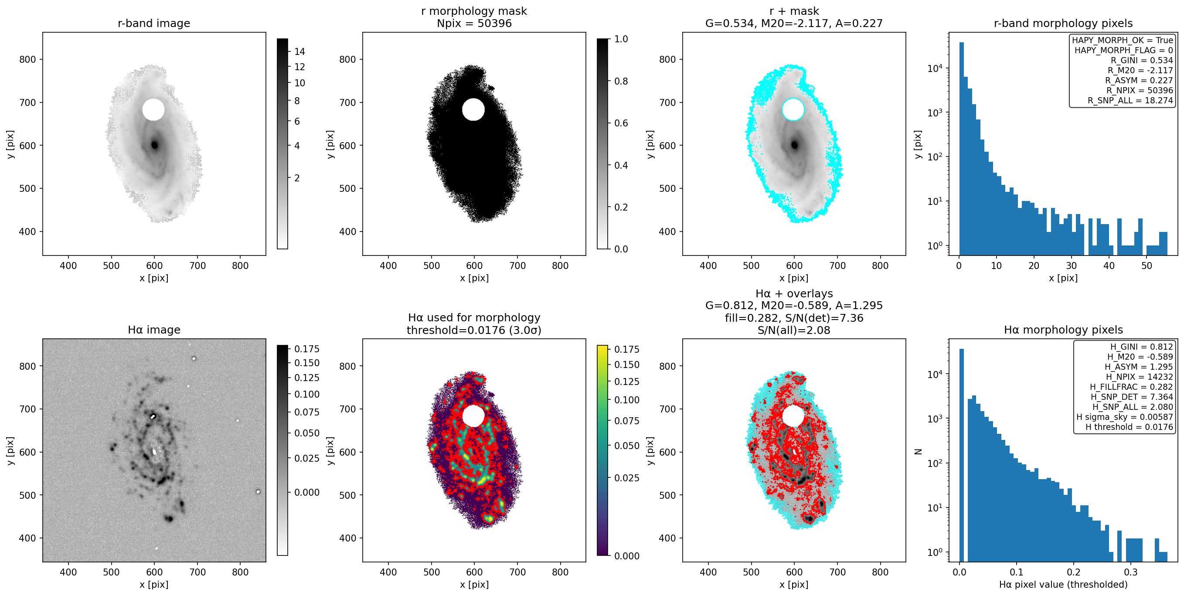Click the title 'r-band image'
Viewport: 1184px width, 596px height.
(x=153, y=23)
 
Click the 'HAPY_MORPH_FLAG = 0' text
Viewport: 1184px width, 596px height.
(x=1123, y=50)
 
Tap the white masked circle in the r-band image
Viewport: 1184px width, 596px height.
(x=153, y=109)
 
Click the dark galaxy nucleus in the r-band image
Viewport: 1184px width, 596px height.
(x=154, y=145)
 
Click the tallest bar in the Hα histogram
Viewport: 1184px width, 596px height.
(x=962, y=455)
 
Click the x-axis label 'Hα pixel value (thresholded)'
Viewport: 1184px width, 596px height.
(x=1063, y=584)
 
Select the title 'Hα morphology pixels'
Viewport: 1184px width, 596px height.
(x=1063, y=330)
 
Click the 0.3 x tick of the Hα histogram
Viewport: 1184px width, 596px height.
(x=1131, y=572)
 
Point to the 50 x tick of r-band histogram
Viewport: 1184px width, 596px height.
(x=1147, y=265)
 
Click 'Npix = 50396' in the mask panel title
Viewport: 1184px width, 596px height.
(x=474, y=23)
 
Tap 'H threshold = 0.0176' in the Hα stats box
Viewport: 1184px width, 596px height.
(x=1130, y=427)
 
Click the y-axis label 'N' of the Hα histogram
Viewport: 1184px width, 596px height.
(x=919, y=451)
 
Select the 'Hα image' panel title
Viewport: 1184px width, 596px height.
(x=153, y=330)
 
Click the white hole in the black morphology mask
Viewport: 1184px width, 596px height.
(x=473, y=109)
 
